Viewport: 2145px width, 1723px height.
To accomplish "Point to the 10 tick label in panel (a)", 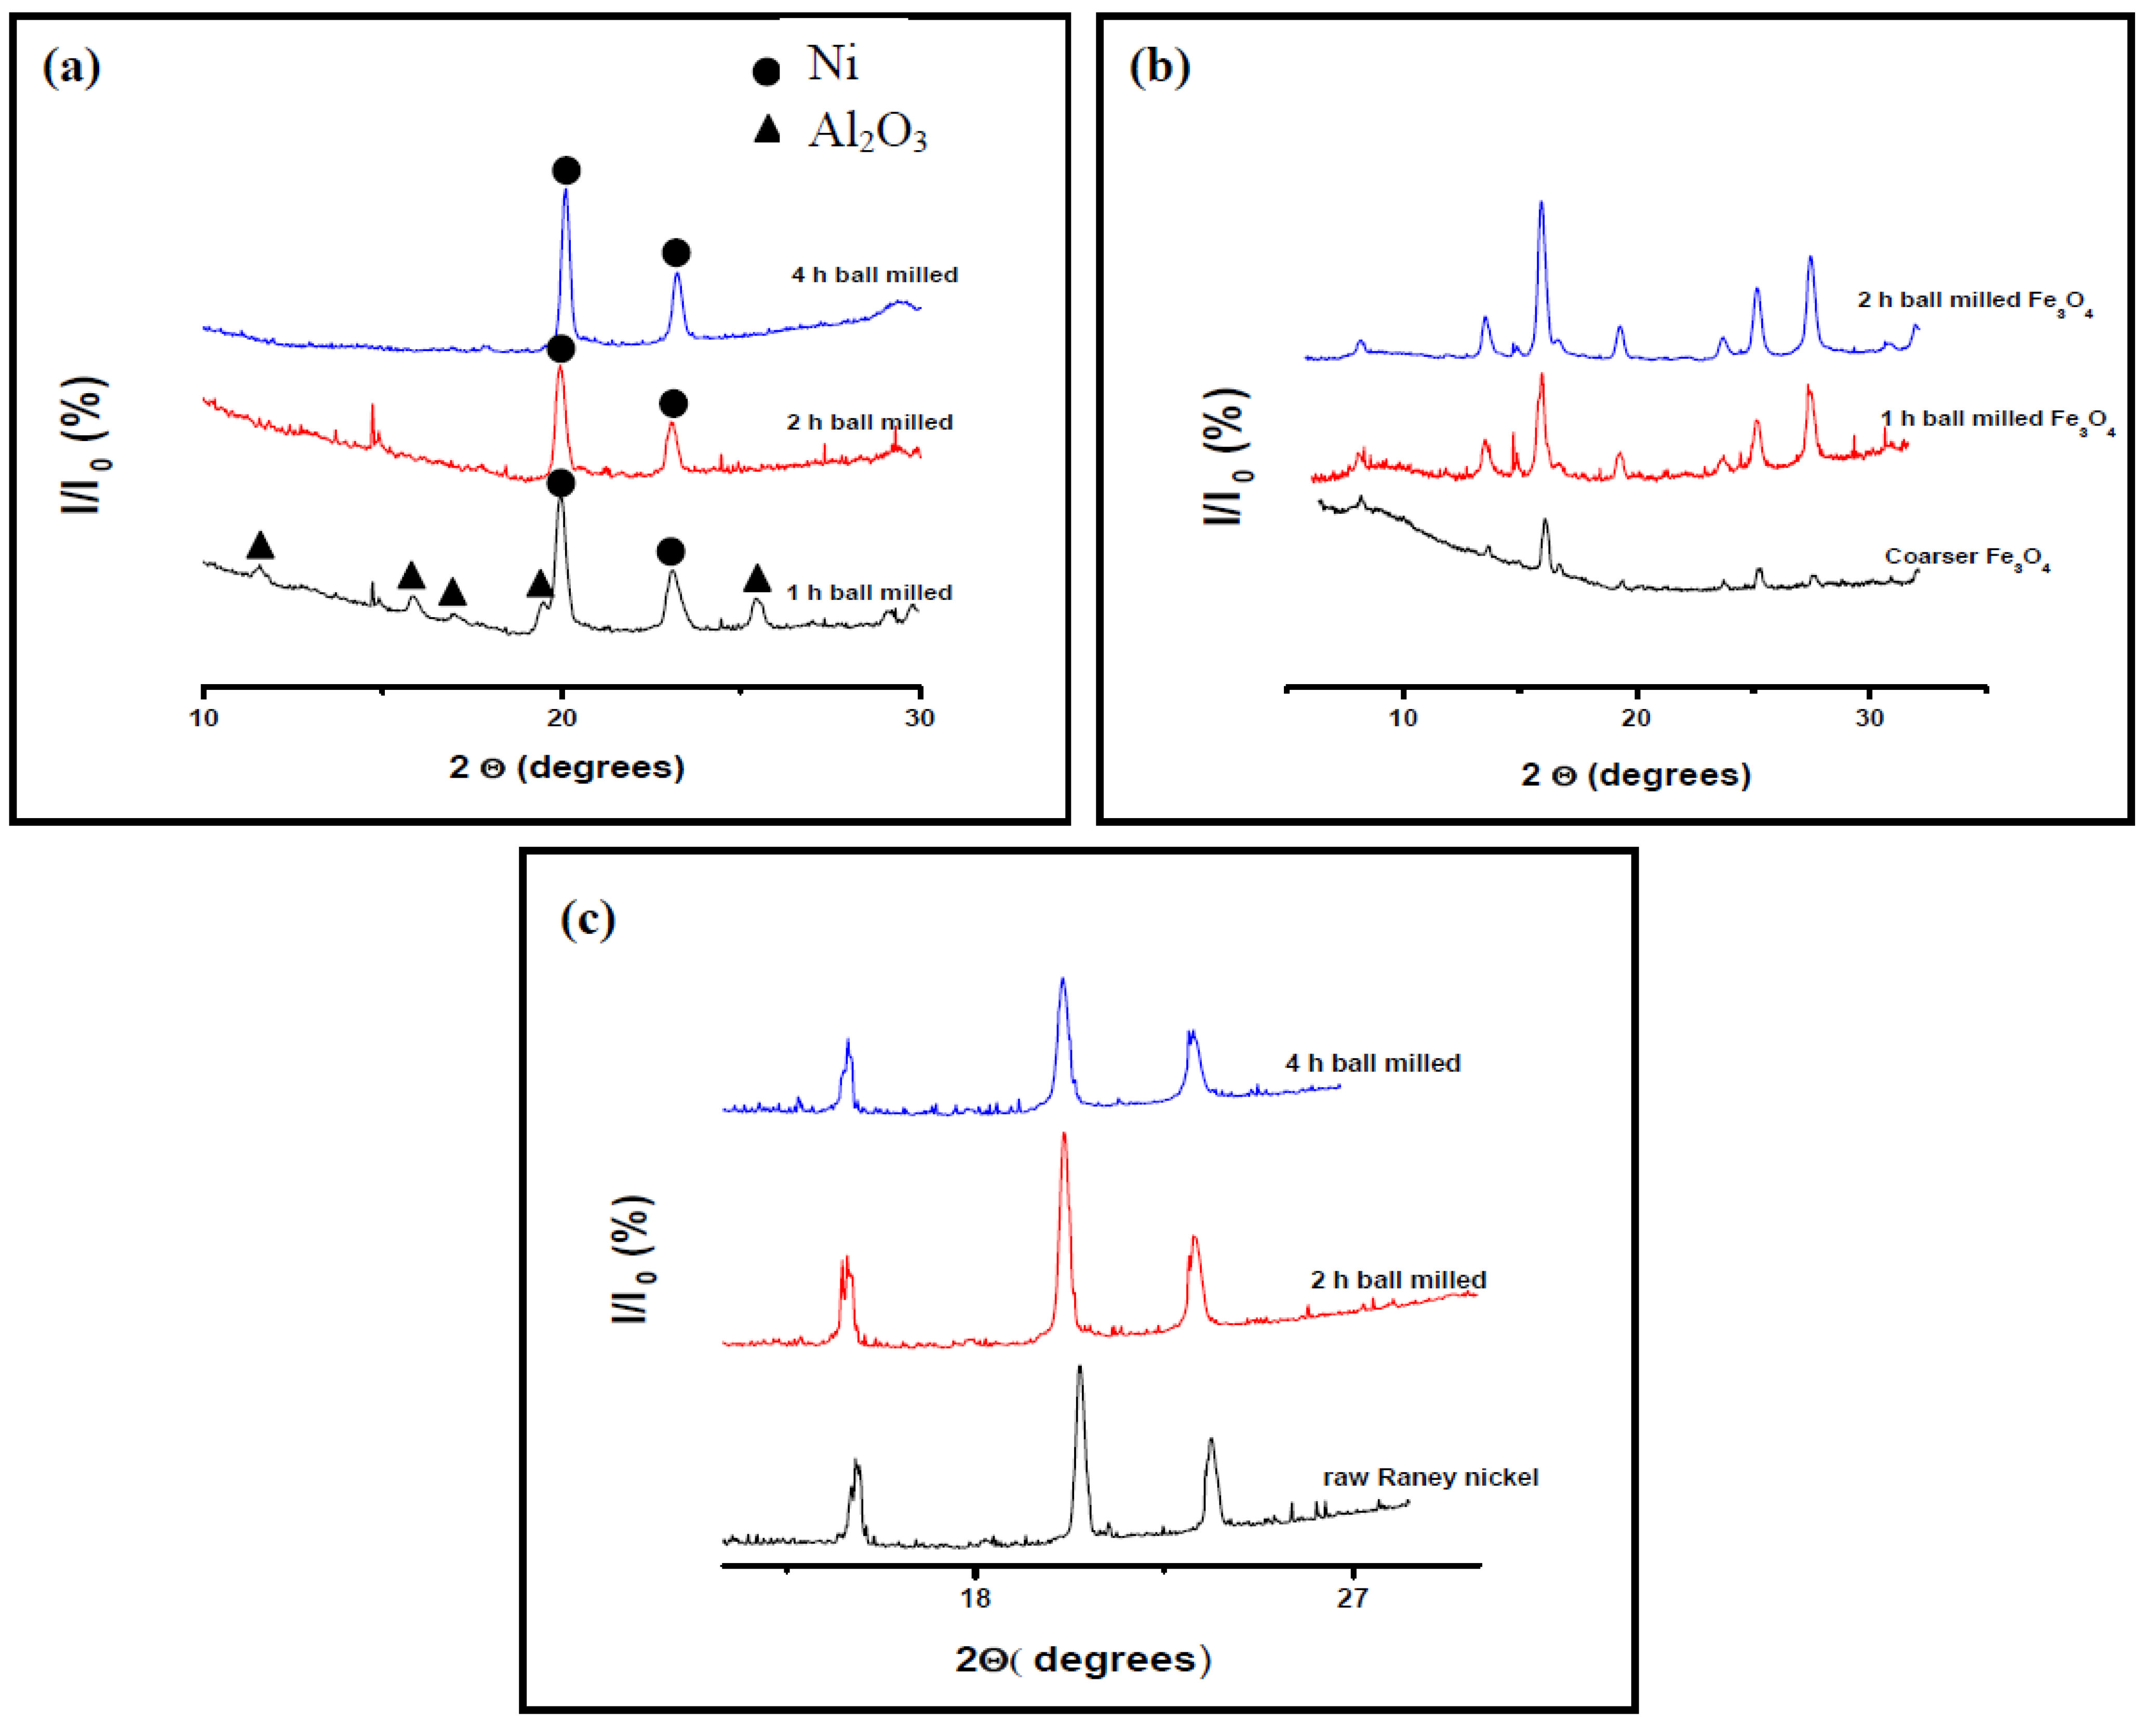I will [204, 717].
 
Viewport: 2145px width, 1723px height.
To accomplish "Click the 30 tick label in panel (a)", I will [919, 717].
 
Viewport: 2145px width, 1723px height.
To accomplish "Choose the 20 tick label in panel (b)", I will [1635, 717].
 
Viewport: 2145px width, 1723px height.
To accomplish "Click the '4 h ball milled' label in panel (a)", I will [875, 275].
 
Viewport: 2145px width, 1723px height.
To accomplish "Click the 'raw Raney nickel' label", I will [1430, 1477].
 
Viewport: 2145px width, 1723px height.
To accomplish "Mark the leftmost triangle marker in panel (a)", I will [260, 545].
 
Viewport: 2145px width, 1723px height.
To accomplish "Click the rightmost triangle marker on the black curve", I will [757, 578].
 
